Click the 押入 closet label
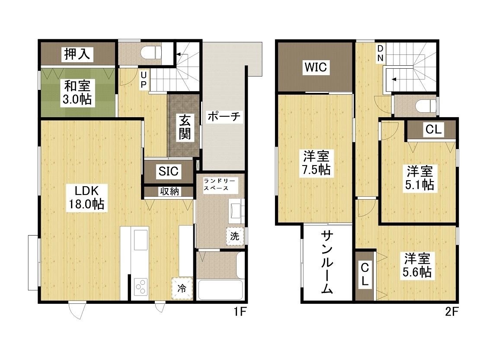(x=77, y=54)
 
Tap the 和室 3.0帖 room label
(x=77, y=92)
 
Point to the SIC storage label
(x=168, y=171)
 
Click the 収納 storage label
(x=169, y=191)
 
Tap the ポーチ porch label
(x=224, y=117)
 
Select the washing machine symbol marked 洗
(x=235, y=236)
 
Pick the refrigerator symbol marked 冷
(x=182, y=288)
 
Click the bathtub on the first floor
(x=221, y=290)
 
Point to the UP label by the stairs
(x=144, y=80)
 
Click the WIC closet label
(x=316, y=67)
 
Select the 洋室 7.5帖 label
(x=316, y=163)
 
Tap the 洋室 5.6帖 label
(x=417, y=265)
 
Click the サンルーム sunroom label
(x=327, y=262)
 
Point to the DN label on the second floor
(x=380, y=54)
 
